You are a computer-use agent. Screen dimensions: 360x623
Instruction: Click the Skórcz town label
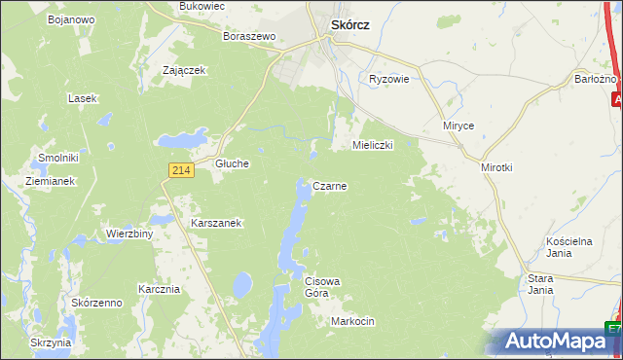(x=349, y=27)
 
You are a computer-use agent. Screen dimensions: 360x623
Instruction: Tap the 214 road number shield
(x=177, y=169)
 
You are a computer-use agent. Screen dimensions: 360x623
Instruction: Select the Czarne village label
(x=330, y=185)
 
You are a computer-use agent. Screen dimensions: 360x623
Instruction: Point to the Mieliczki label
(x=372, y=145)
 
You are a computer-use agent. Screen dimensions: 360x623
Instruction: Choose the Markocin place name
(x=352, y=321)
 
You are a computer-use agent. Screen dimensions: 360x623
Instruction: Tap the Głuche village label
(x=233, y=163)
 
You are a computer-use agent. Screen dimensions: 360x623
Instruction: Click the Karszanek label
(x=216, y=222)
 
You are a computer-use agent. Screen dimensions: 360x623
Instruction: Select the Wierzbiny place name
(x=129, y=234)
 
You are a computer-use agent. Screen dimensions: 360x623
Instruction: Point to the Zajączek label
(x=185, y=70)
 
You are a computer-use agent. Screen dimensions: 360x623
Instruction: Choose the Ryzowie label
(x=388, y=80)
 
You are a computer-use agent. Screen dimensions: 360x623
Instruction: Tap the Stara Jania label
(x=540, y=284)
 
